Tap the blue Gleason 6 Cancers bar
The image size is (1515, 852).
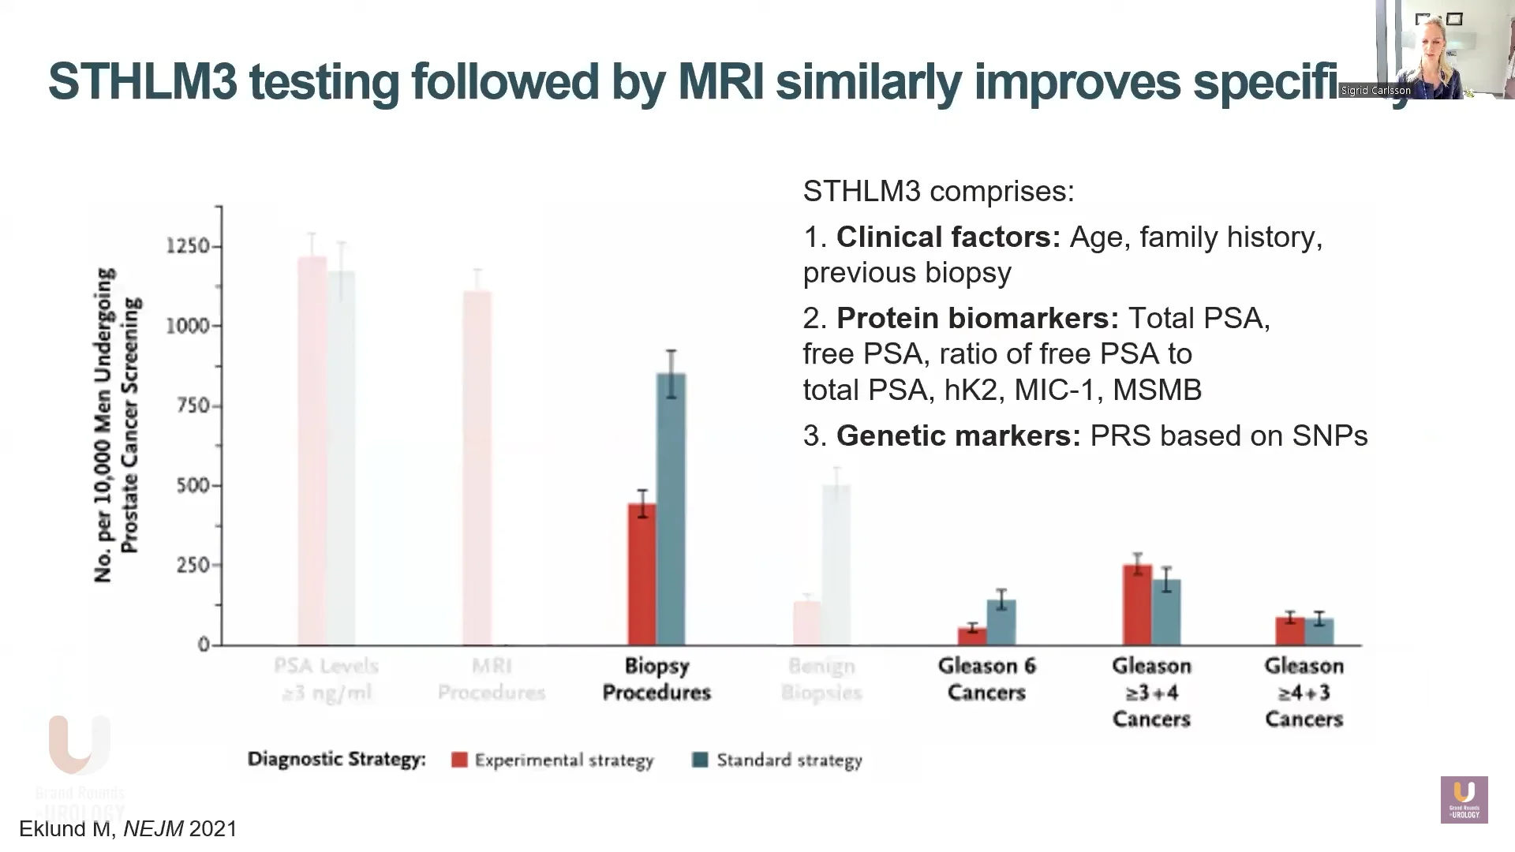point(1001,622)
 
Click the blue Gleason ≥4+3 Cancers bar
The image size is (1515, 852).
point(1319,631)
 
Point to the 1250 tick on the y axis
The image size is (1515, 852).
point(188,246)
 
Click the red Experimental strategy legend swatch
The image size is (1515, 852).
point(459,760)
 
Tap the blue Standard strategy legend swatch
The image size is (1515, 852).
point(700,760)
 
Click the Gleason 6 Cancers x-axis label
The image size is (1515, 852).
point(986,679)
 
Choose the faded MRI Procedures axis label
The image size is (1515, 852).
point(492,679)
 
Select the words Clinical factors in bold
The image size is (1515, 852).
point(948,237)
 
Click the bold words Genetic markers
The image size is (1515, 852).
point(958,435)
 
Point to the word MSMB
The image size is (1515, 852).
point(1157,390)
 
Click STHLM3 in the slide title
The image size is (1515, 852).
point(143,81)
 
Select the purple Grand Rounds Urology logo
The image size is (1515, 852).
point(1464,799)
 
